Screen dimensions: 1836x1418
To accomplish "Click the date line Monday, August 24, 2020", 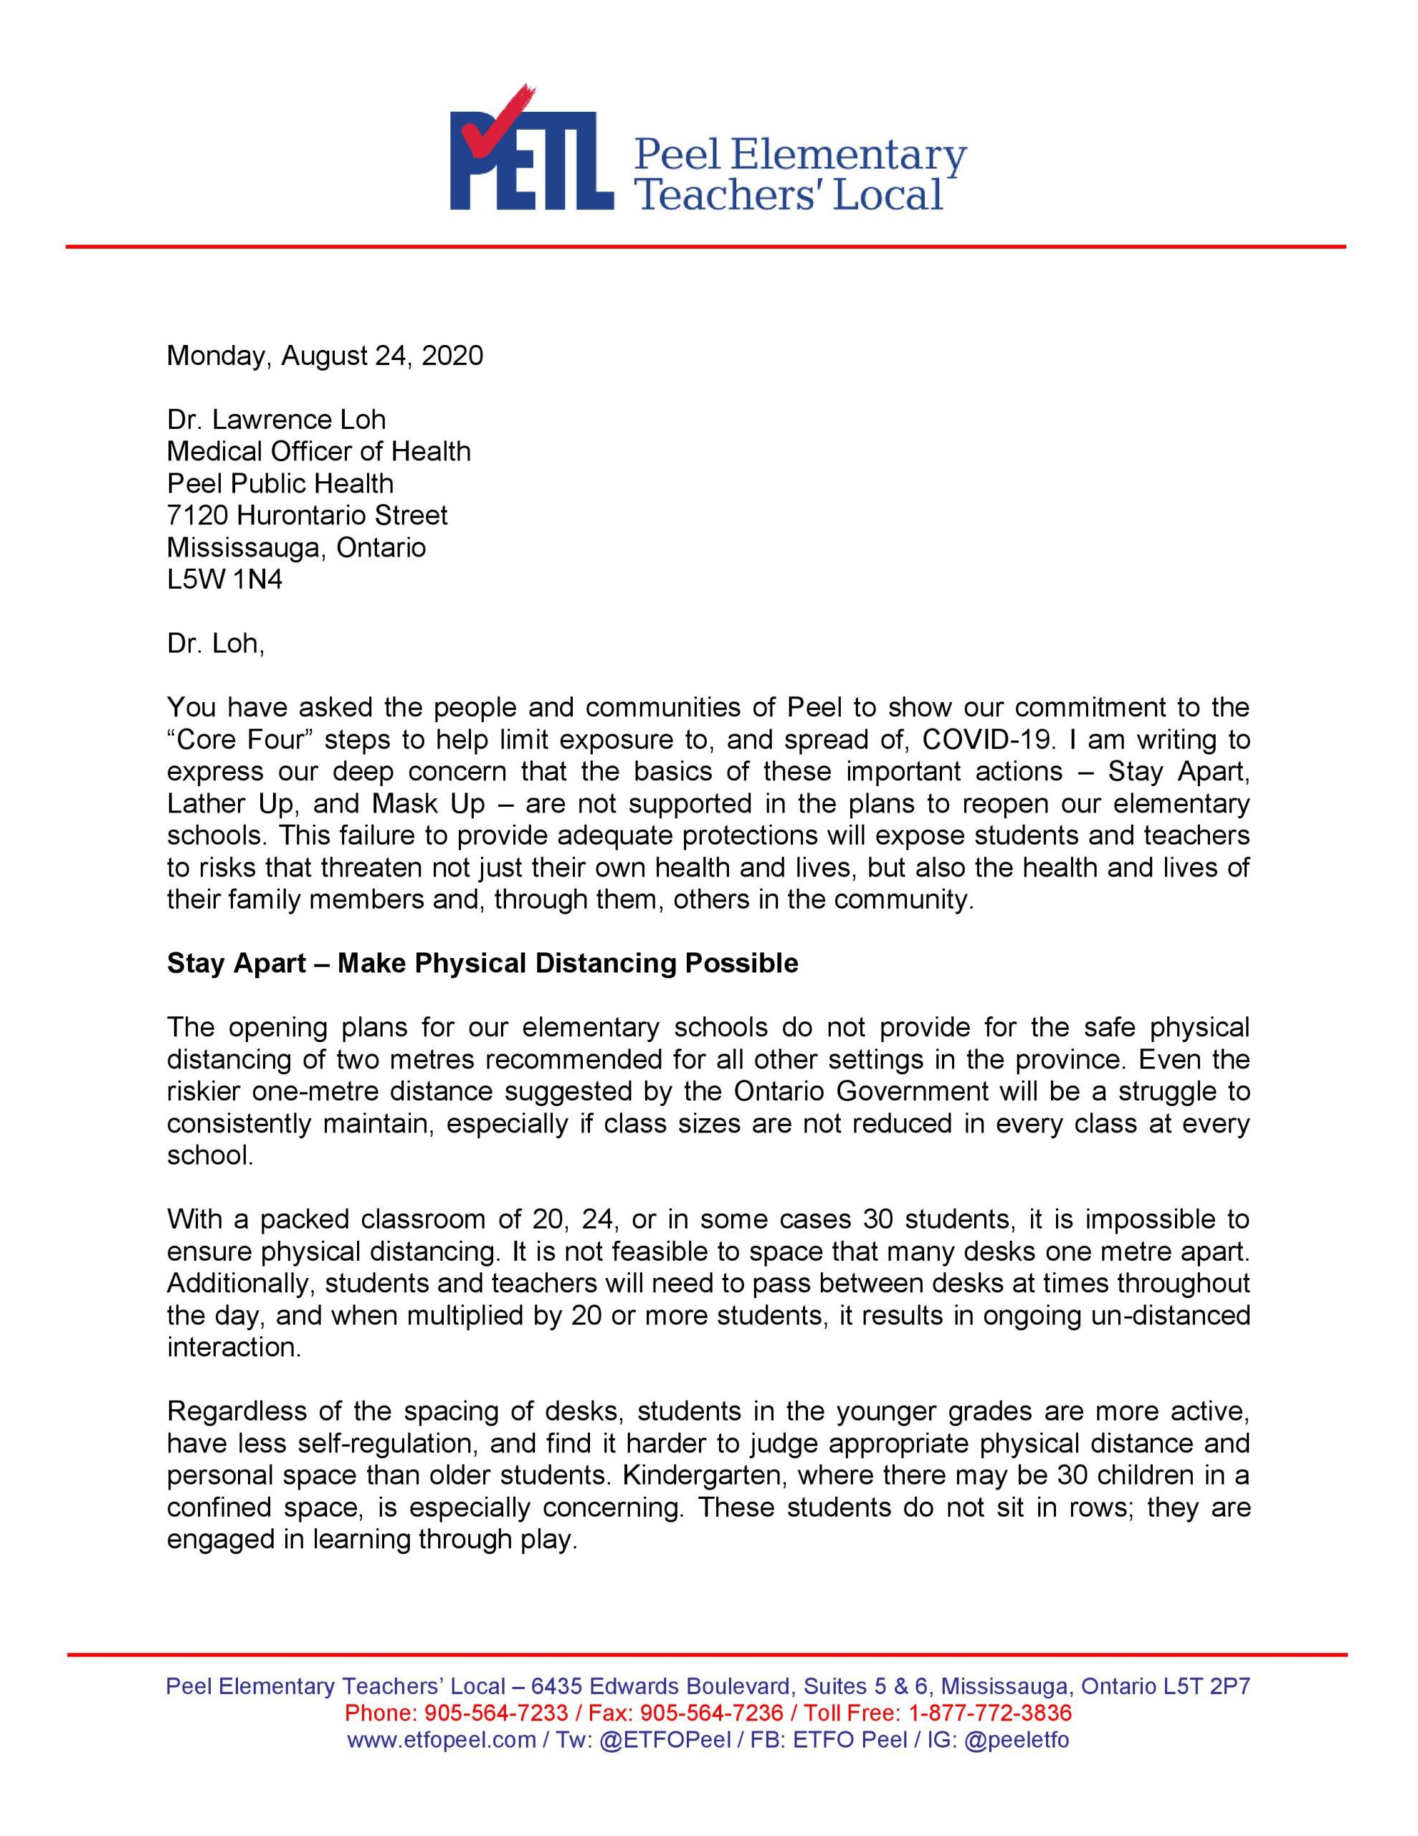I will coord(325,356).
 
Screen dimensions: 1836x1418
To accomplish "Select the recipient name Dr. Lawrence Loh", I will coord(276,420).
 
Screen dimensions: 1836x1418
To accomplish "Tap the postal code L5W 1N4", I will coord(224,579).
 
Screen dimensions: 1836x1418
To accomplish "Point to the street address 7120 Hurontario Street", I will coord(307,516).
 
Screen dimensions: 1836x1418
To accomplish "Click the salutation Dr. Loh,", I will coord(216,643).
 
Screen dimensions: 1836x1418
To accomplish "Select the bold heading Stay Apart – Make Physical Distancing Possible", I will coord(482,963).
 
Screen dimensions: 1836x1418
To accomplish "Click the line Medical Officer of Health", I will coord(318,451).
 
